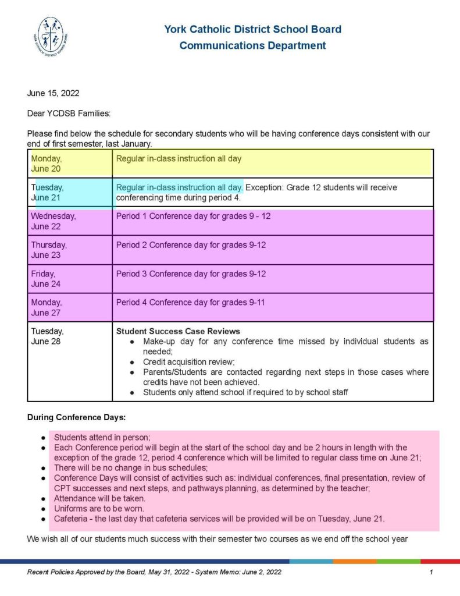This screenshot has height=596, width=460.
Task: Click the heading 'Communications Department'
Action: pos(252,45)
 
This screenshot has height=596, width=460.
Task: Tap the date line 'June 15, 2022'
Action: pos(54,93)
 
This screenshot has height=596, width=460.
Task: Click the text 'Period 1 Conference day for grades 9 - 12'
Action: pos(193,216)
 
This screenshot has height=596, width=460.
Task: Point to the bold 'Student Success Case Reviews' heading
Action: pos(178,331)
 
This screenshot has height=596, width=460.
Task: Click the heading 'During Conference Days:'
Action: pos(76,417)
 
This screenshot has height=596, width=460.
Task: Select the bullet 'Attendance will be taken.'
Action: pos(99,498)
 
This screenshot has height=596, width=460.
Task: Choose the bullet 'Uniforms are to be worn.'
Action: pos(99,508)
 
